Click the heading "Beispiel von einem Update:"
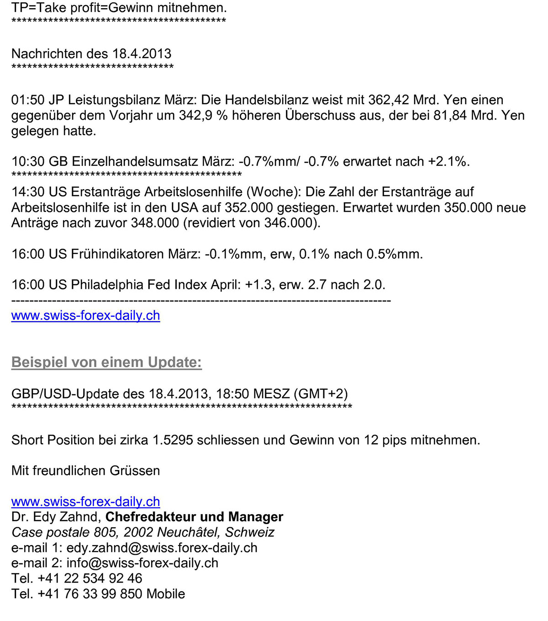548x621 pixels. pos(106,362)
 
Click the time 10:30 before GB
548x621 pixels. pos(28,162)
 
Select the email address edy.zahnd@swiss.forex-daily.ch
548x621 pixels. pos(162,548)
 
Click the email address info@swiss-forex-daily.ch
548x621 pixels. pos(142,563)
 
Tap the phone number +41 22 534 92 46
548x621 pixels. pos(90,579)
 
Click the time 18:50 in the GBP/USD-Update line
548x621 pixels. pos(232,394)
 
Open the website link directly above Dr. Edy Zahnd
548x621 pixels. pos(85,502)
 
